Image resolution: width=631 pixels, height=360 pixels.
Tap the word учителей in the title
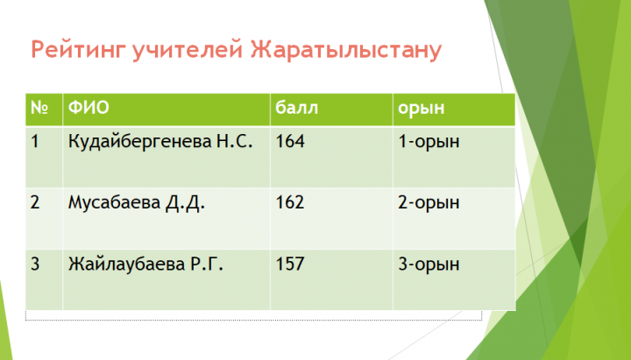(188, 51)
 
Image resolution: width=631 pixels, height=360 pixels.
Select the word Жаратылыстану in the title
(346, 51)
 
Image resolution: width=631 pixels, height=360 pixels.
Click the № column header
(39, 108)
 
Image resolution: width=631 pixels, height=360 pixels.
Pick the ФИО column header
(89, 108)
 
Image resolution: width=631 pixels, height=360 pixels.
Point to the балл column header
(296, 108)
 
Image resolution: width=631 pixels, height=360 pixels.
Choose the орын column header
(422, 109)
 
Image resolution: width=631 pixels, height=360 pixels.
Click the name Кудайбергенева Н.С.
(160, 142)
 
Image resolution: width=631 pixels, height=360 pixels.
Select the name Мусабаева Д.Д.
(137, 203)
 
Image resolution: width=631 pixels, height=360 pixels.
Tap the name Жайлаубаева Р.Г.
(145, 265)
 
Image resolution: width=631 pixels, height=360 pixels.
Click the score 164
(290, 142)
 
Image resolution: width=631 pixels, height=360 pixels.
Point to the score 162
(290, 202)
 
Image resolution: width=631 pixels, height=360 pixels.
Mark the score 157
(290, 265)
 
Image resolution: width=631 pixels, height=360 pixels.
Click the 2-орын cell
(429, 203)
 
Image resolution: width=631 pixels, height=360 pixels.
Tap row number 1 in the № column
(35, 142)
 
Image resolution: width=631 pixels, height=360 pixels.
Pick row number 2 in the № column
(35, 202)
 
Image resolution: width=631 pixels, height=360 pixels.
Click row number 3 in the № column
(35, 265)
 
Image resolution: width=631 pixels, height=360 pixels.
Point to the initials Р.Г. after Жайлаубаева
(207, 265)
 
